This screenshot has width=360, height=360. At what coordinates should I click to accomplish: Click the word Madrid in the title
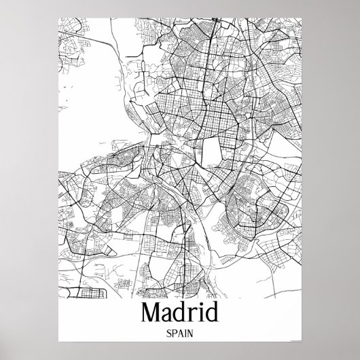[x=179, y=313]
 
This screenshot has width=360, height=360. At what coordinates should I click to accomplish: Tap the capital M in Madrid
[x=153, y=313]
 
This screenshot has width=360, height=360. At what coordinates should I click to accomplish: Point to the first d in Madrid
[x=182, y=314]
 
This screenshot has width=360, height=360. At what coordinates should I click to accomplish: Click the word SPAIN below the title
[x=179, y=335]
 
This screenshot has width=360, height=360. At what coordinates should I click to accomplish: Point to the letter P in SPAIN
[x=174, y=335]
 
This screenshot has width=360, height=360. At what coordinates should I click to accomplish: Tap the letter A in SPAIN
[x=180, y=335]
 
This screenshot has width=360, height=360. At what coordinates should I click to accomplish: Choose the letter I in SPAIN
[x=185, y=335]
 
